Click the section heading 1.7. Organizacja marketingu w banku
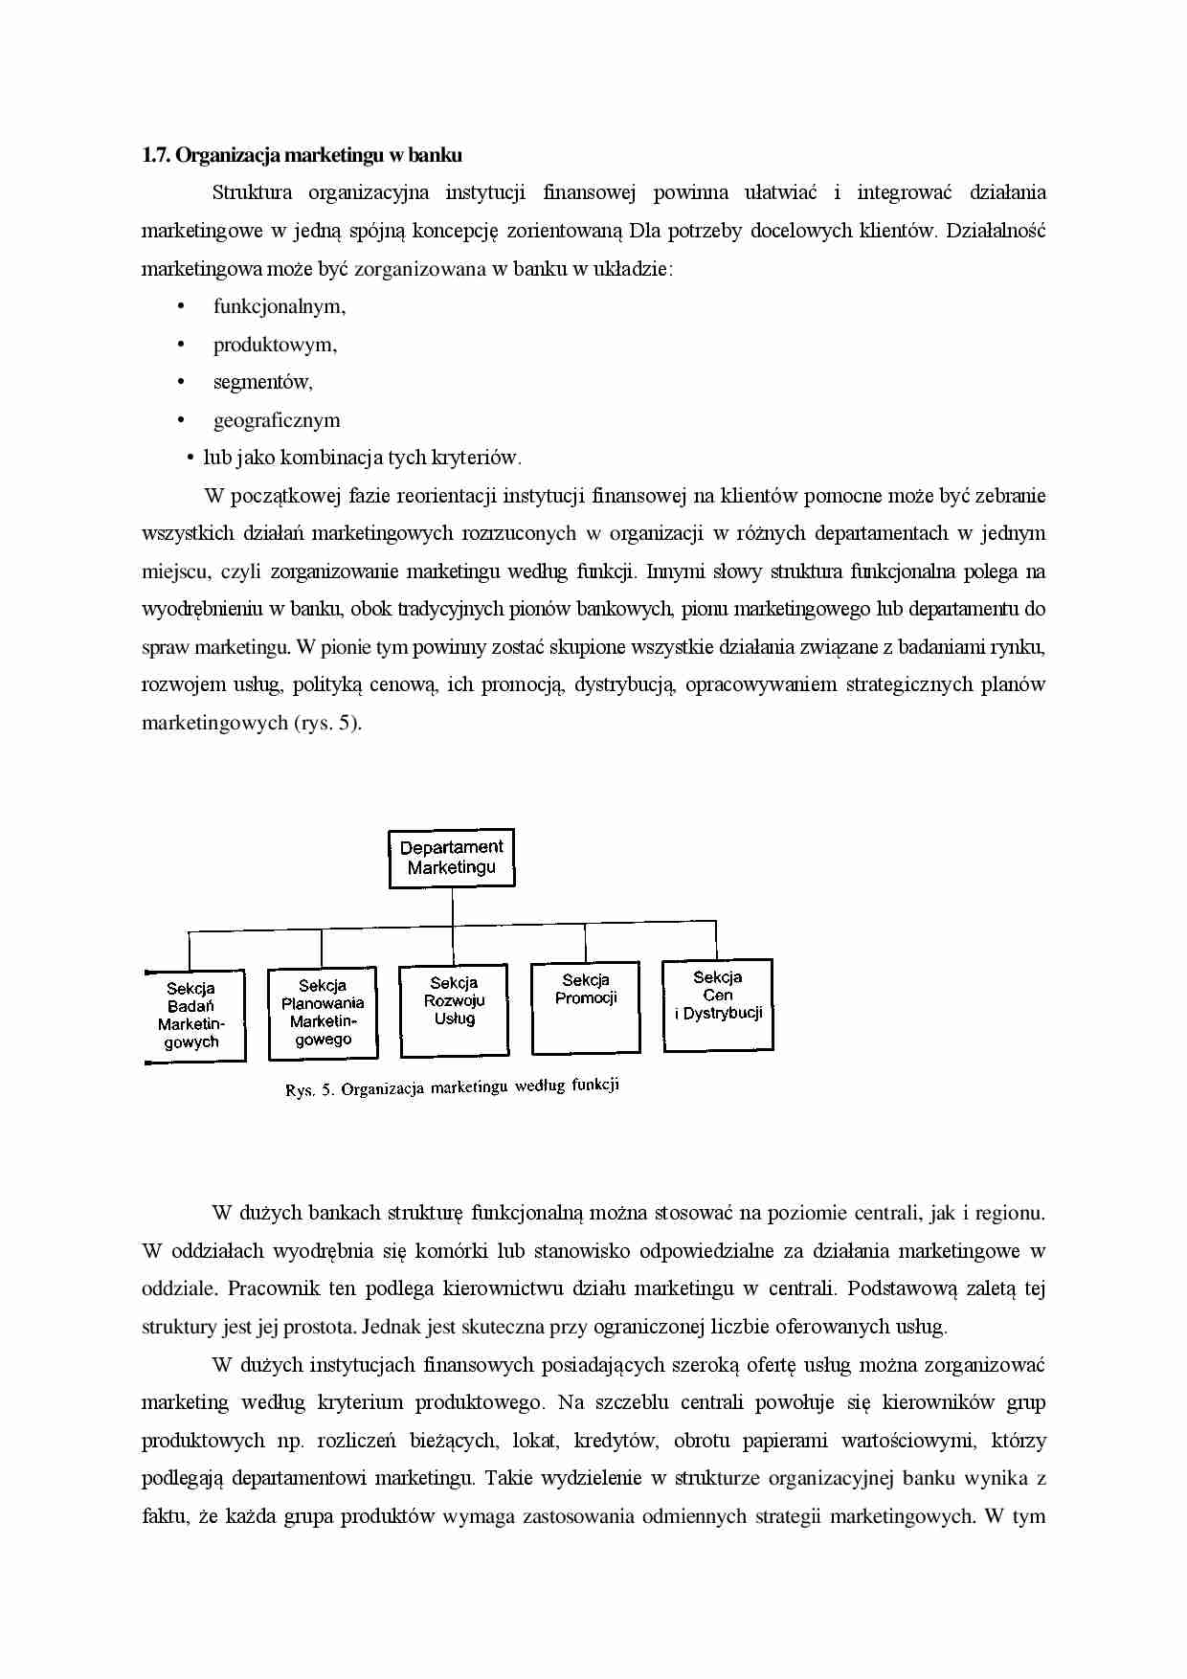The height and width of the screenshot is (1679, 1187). coord(302,155)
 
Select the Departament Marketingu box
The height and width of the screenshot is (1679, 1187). coord(451,858)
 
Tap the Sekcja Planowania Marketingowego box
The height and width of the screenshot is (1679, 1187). coord(323,1013)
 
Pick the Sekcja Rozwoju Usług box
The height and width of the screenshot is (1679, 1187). coord(454,1010)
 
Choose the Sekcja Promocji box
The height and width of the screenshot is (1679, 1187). coord(585,1007)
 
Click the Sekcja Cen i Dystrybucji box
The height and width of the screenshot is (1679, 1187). coord(717,1004)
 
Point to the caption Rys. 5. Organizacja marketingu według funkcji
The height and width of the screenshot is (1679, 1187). coord(452,1087)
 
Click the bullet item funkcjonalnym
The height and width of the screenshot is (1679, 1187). coord(279,306)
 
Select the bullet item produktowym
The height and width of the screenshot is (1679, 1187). coord(275,345)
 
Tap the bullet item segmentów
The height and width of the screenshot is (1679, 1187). coord(262,382)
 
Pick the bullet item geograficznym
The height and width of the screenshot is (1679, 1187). coord(276,420)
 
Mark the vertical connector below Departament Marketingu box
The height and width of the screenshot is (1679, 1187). coord(452,907)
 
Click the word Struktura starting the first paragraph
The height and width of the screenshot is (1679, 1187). coord(252,192)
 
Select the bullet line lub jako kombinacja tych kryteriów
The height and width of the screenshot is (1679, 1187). coord(362,458)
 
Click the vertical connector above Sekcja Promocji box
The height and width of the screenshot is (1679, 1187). coord(585,942)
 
